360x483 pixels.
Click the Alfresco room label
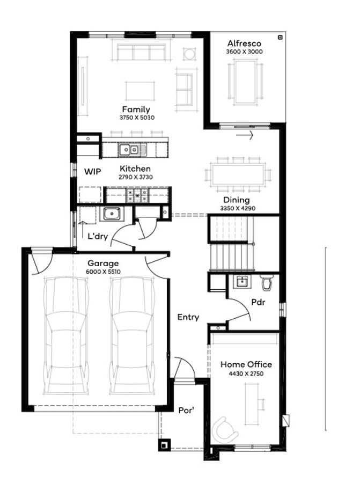pyautogui.click(x=244, y=43)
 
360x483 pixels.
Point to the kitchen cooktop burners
pyautogui.click(x=138, y=195)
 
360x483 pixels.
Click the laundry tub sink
pyautogui.click(x=112, y=215)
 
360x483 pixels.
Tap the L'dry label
pyautogui.click(x=98, y=236)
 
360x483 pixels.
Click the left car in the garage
pyautogui.click(x=66, y=335)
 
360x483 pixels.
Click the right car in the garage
pyautogui.click(x=133, y=335)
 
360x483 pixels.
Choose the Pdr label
pyautogui.click(x=258, y=302)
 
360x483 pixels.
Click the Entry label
pyautogui.click(x=188, y=317)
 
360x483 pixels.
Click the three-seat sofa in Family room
pyautogui.click(x=141, y=52)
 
